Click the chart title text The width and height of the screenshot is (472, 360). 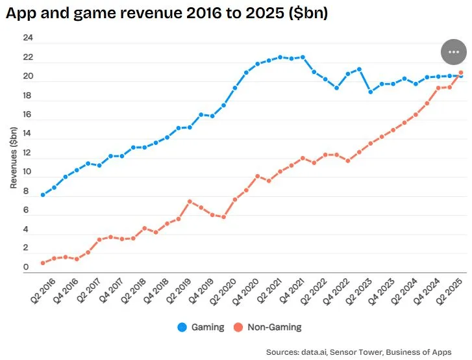(166, 14)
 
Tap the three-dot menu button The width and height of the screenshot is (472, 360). (453, 52)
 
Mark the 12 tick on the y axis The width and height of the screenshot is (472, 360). (27, 153)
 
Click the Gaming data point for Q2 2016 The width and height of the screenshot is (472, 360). (43, 195)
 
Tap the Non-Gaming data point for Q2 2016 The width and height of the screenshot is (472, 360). (43, 263)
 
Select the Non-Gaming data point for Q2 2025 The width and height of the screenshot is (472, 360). (460, 73)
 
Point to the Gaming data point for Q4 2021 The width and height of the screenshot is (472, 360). (303, 57)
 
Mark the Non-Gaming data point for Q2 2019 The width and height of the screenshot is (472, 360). (190, 201)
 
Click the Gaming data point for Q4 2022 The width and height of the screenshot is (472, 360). (336, 88)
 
